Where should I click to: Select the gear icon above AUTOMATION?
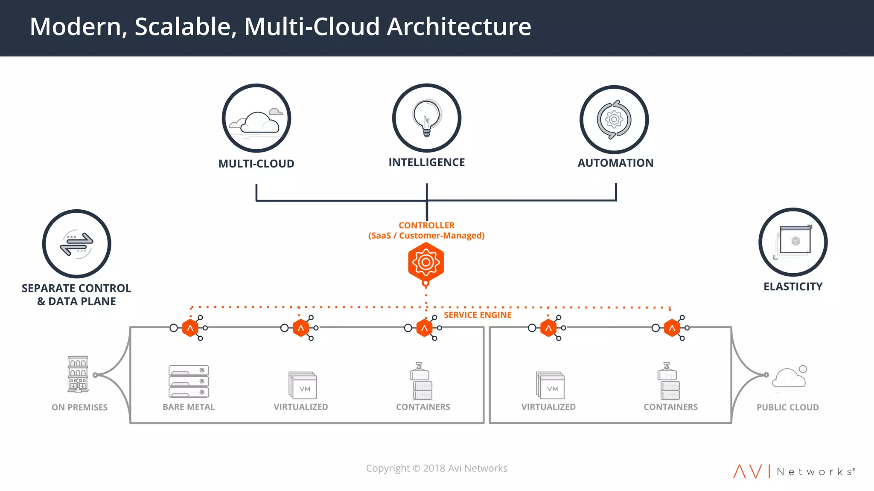[614, 120]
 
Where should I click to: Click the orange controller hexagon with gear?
[426, 262]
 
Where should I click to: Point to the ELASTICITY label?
[793, 287]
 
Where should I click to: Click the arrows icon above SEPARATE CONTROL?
[77, 244]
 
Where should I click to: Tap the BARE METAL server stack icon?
[189, 381]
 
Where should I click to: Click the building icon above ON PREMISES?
[78, 374]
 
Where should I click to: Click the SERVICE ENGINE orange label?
[478, 315]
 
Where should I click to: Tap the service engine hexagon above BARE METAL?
[190, 328]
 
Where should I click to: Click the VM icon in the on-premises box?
[303, 385]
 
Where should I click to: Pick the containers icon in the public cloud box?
[669, 381]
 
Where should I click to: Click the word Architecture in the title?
[459, 26]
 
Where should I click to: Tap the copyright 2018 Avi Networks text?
[437, 468]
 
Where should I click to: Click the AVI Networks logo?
[794, 471]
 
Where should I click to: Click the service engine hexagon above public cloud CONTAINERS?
[672, 328]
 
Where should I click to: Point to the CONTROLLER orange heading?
[426, 225]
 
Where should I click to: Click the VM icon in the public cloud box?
[550, 385]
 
